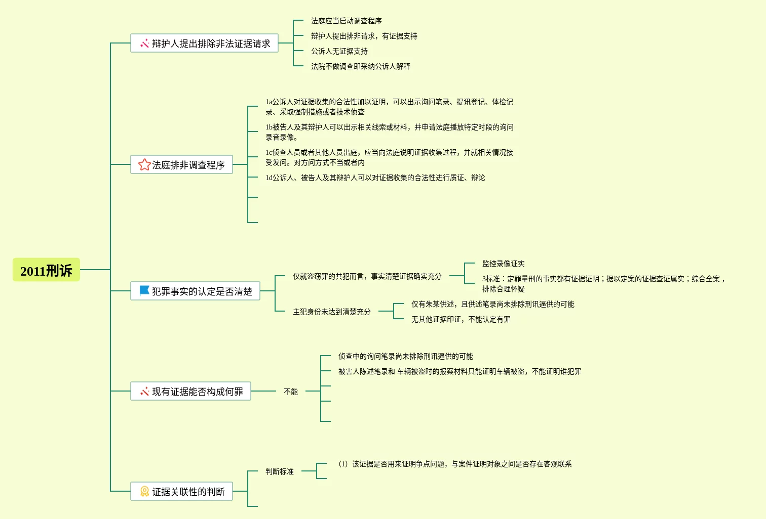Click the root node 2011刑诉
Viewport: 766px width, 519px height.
point(46,270)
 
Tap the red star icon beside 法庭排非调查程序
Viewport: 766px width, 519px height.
point(144,164)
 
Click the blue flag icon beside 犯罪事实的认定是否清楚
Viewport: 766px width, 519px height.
point(144,291)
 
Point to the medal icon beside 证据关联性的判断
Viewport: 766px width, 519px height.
point(144,491)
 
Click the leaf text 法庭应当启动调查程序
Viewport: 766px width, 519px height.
point(346,21)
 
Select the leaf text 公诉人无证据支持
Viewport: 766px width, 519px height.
point(339,51)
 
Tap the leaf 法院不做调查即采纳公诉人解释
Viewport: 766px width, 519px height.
point(360,66)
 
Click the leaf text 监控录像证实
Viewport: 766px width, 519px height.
point(503,264)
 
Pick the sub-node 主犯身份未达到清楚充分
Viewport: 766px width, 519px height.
point(331,312)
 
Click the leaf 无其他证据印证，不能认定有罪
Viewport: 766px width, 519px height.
point(461,319)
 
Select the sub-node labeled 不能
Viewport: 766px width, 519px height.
point(290,392)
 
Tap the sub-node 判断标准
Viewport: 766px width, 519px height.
point(279,471)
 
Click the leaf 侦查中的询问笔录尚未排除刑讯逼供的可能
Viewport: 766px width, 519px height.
point(405,356)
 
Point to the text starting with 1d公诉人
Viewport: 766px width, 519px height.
point(375,178)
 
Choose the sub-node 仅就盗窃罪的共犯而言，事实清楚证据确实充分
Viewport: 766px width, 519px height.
point(367,276)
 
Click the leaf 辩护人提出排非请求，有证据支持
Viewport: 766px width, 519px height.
point(364,36)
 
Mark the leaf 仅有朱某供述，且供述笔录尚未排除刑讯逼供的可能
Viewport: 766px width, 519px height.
point(492,304)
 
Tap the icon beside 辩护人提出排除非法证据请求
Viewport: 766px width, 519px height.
point(144,44)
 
